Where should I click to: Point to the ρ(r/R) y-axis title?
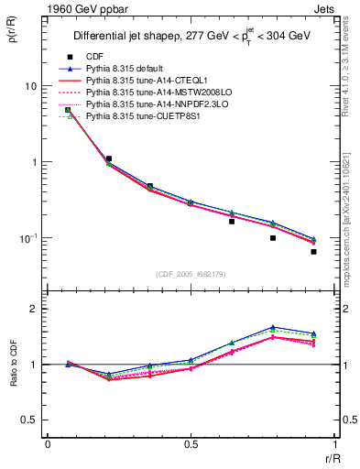(12, 36)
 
